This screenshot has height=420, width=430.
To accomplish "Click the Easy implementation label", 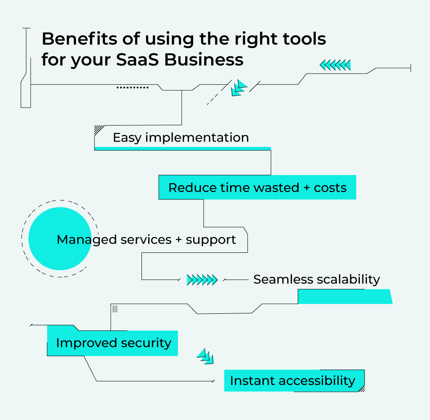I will (x=181, y=138).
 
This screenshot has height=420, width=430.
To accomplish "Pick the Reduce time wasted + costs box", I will (x=257, y=187).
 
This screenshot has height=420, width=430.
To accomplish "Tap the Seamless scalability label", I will (x=316, y=279).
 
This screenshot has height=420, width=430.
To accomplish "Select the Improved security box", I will (x=113, y=343).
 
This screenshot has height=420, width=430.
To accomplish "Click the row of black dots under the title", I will (x=132, y=88).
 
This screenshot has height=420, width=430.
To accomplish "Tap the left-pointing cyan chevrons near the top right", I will (x=335, y=65).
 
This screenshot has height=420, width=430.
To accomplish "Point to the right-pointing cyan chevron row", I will (x=202, y=280).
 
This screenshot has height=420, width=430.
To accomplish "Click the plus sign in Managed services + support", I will (x=178, y=240).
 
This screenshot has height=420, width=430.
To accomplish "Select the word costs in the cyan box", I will (x=330, y=187).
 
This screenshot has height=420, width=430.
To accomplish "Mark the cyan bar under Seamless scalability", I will (x=344, y=297).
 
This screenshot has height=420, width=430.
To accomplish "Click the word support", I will (x=211, y=240).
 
